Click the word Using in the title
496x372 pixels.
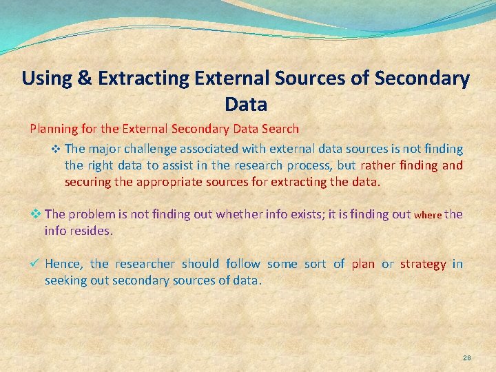point(47,79)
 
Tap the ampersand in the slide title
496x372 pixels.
point(85,79)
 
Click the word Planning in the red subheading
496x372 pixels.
point(52,129)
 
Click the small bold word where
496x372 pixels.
point(427,215)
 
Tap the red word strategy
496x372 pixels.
point(423,264)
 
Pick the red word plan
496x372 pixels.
point(363,264)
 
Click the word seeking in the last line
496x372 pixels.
point(65,281)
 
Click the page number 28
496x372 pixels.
point(466,358)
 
